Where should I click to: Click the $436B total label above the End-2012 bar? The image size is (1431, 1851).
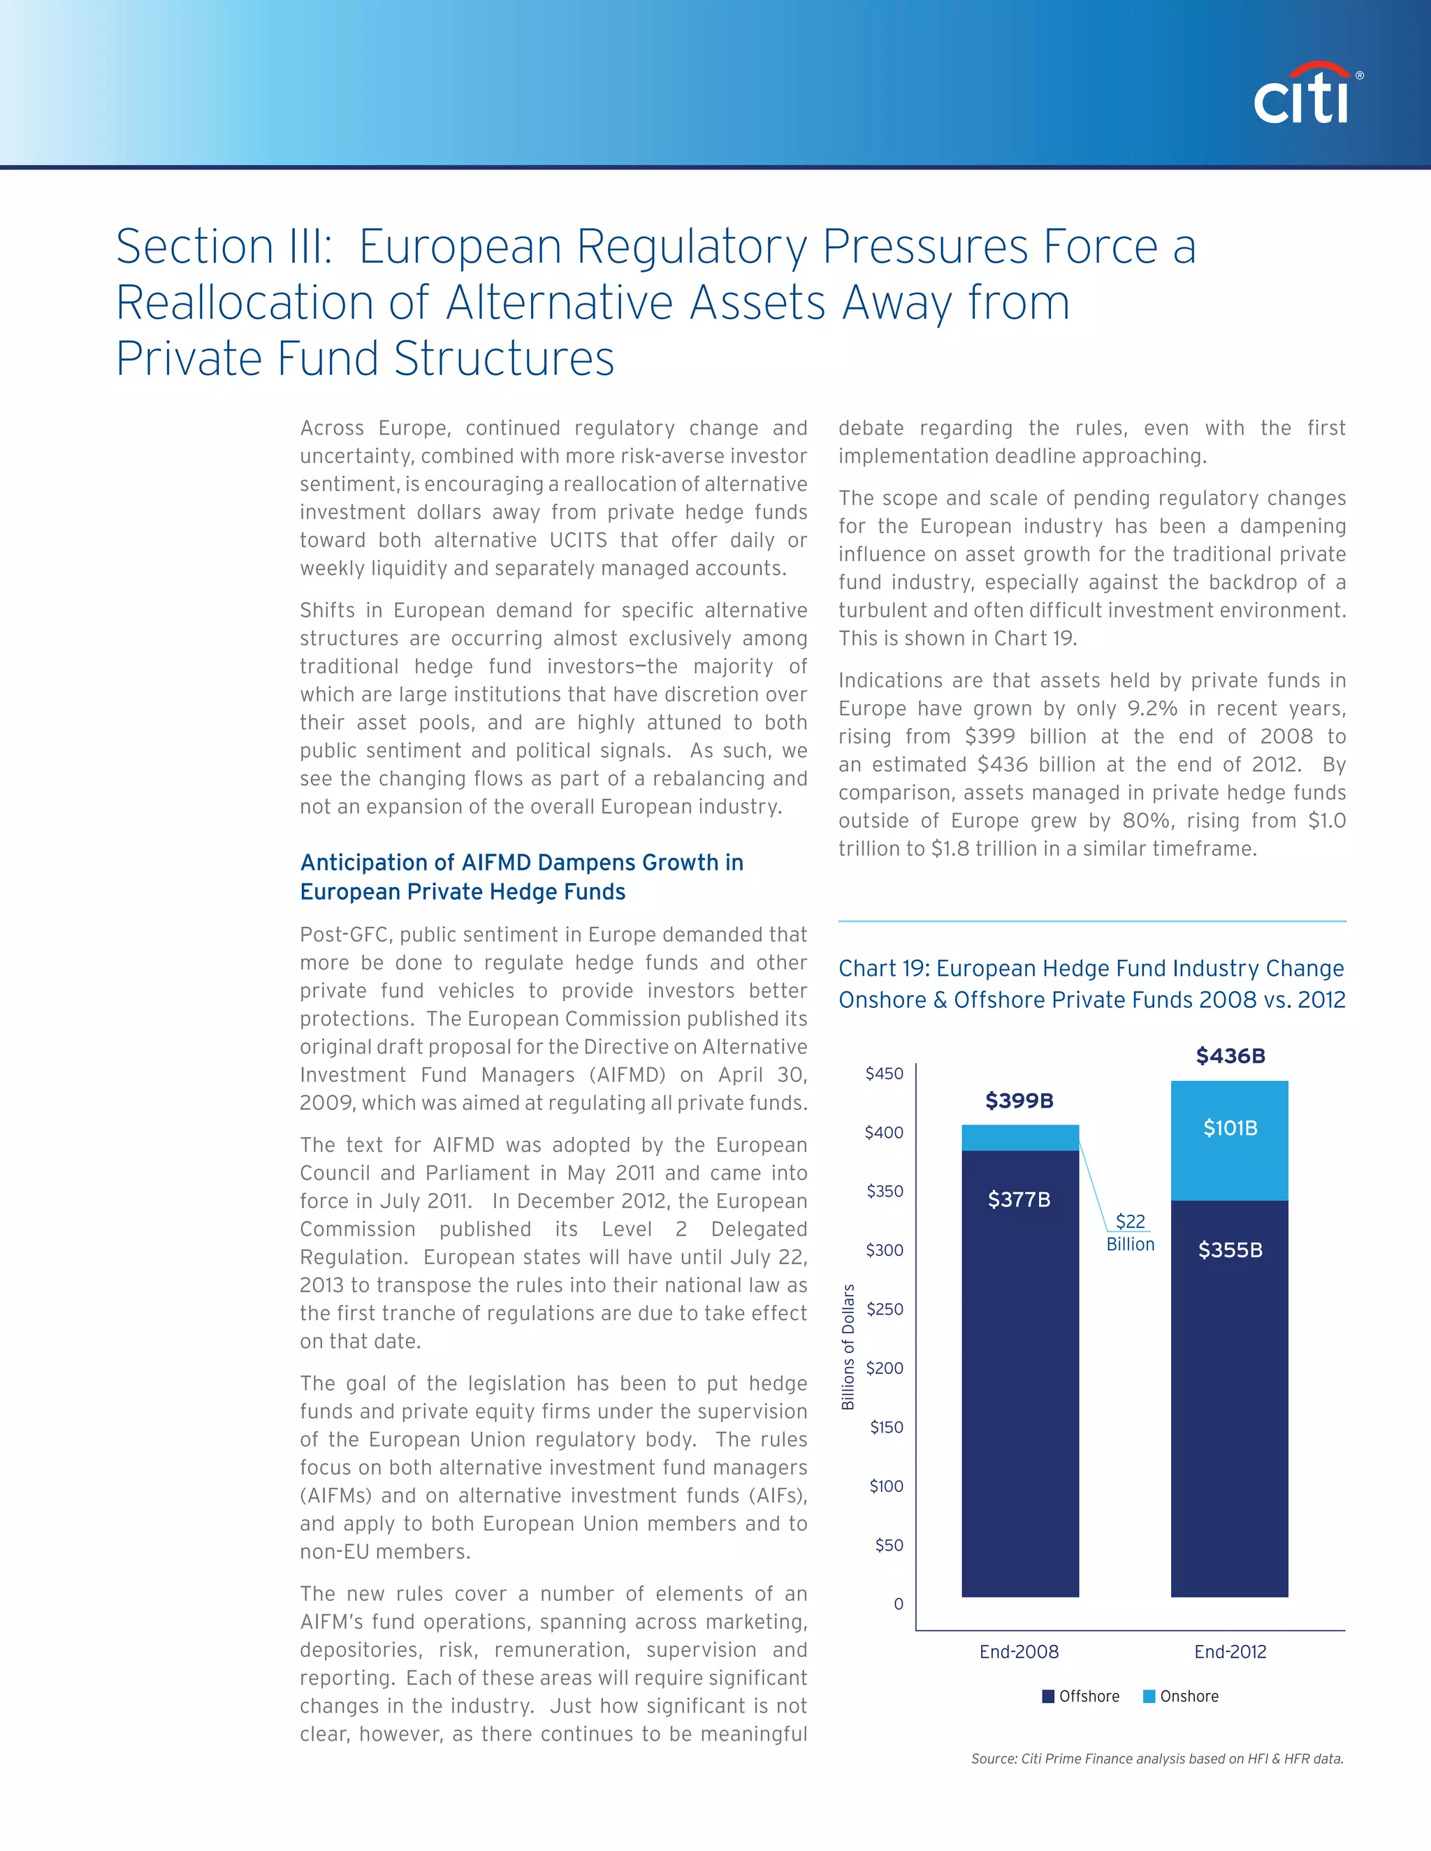coord(1230,1056)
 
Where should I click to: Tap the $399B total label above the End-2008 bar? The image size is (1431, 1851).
coord(1019,1101)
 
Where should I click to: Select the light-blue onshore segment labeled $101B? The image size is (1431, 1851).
coord(1230,1140)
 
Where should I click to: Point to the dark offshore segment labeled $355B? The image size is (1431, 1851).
coord(1230,1398)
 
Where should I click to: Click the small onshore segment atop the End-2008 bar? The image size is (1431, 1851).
coord(1020,1137)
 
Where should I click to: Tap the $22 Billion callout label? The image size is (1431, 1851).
coord(1130,1232)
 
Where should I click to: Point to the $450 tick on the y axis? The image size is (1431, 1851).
coord(884,1074)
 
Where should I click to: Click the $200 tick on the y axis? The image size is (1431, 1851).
coord(884,1368)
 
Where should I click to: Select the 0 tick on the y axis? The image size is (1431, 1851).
coord(899,1604)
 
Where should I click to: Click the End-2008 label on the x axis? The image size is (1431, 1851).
coord(1019,1651)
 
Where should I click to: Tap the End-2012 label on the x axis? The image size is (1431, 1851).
coord(1230,1651)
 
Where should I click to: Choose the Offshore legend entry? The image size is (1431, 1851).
coord(1081,1696)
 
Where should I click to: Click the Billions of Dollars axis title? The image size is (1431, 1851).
coord(848,1347)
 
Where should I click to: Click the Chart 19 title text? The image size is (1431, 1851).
coord(1091,983)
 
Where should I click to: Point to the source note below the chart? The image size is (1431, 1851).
coord(1156,1759)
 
